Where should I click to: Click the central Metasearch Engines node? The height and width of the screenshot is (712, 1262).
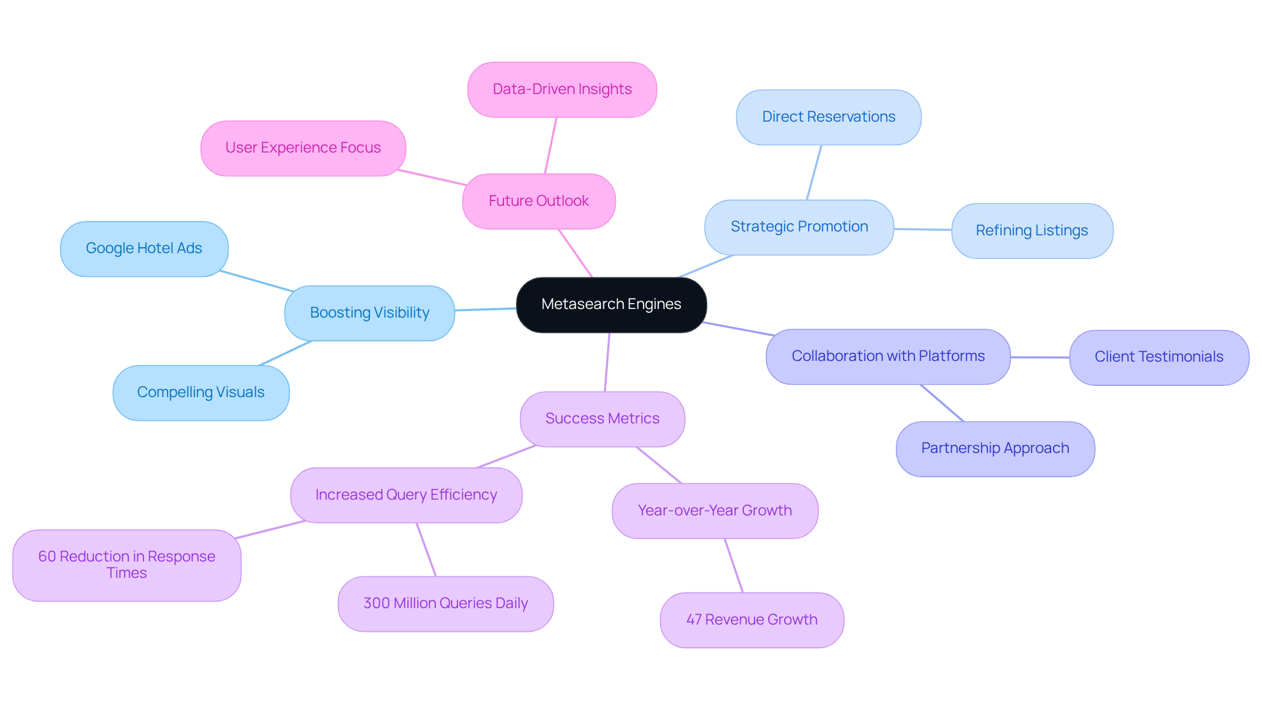[611, 304]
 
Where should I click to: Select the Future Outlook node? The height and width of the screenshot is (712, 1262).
[538, 201]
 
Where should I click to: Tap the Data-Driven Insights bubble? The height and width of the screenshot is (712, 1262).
[562, 89]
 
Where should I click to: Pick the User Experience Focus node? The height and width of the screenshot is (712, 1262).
[303, 148]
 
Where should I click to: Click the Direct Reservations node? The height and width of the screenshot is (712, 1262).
[828, 117]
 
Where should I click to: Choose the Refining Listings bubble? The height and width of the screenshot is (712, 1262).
[1031, 231]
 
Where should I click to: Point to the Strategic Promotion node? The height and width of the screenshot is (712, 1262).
[799, 227]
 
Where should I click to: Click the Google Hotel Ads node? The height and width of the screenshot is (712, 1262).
[144, 249]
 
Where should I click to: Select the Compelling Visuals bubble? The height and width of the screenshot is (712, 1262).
[200, 392]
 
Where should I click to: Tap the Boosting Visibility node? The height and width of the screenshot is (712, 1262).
[369, 313]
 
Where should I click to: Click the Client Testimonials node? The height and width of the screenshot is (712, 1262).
[1158, 357]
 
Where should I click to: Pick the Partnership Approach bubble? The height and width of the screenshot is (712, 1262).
[994, 448]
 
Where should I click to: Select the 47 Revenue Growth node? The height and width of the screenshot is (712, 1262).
[751, 620]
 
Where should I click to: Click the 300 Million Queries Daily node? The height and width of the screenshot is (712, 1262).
[446, 604]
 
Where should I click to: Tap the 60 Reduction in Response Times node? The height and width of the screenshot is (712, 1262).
[126, 565]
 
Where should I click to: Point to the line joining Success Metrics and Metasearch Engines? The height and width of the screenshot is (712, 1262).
[607, 362]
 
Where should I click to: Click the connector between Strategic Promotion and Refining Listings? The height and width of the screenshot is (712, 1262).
[922, 229]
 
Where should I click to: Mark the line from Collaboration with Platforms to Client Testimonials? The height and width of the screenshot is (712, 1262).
[1040, 358]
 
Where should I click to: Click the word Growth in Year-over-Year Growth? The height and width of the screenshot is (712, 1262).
[766, 511]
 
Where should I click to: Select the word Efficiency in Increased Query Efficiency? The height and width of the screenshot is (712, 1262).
[463, 495]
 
